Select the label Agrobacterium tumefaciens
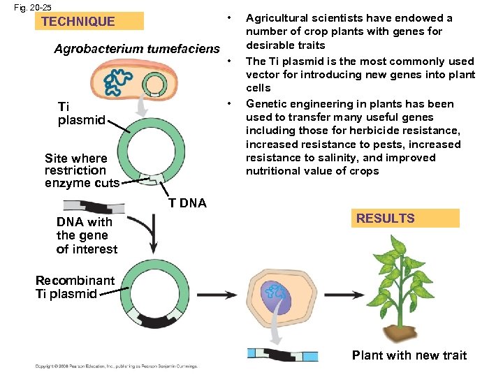coord(137,49)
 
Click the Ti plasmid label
coord(80,113)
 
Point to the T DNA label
coord(188,203)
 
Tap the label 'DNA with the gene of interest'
coord(87,236)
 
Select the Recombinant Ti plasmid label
coord(75,287)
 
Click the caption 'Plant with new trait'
coord(409,355)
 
